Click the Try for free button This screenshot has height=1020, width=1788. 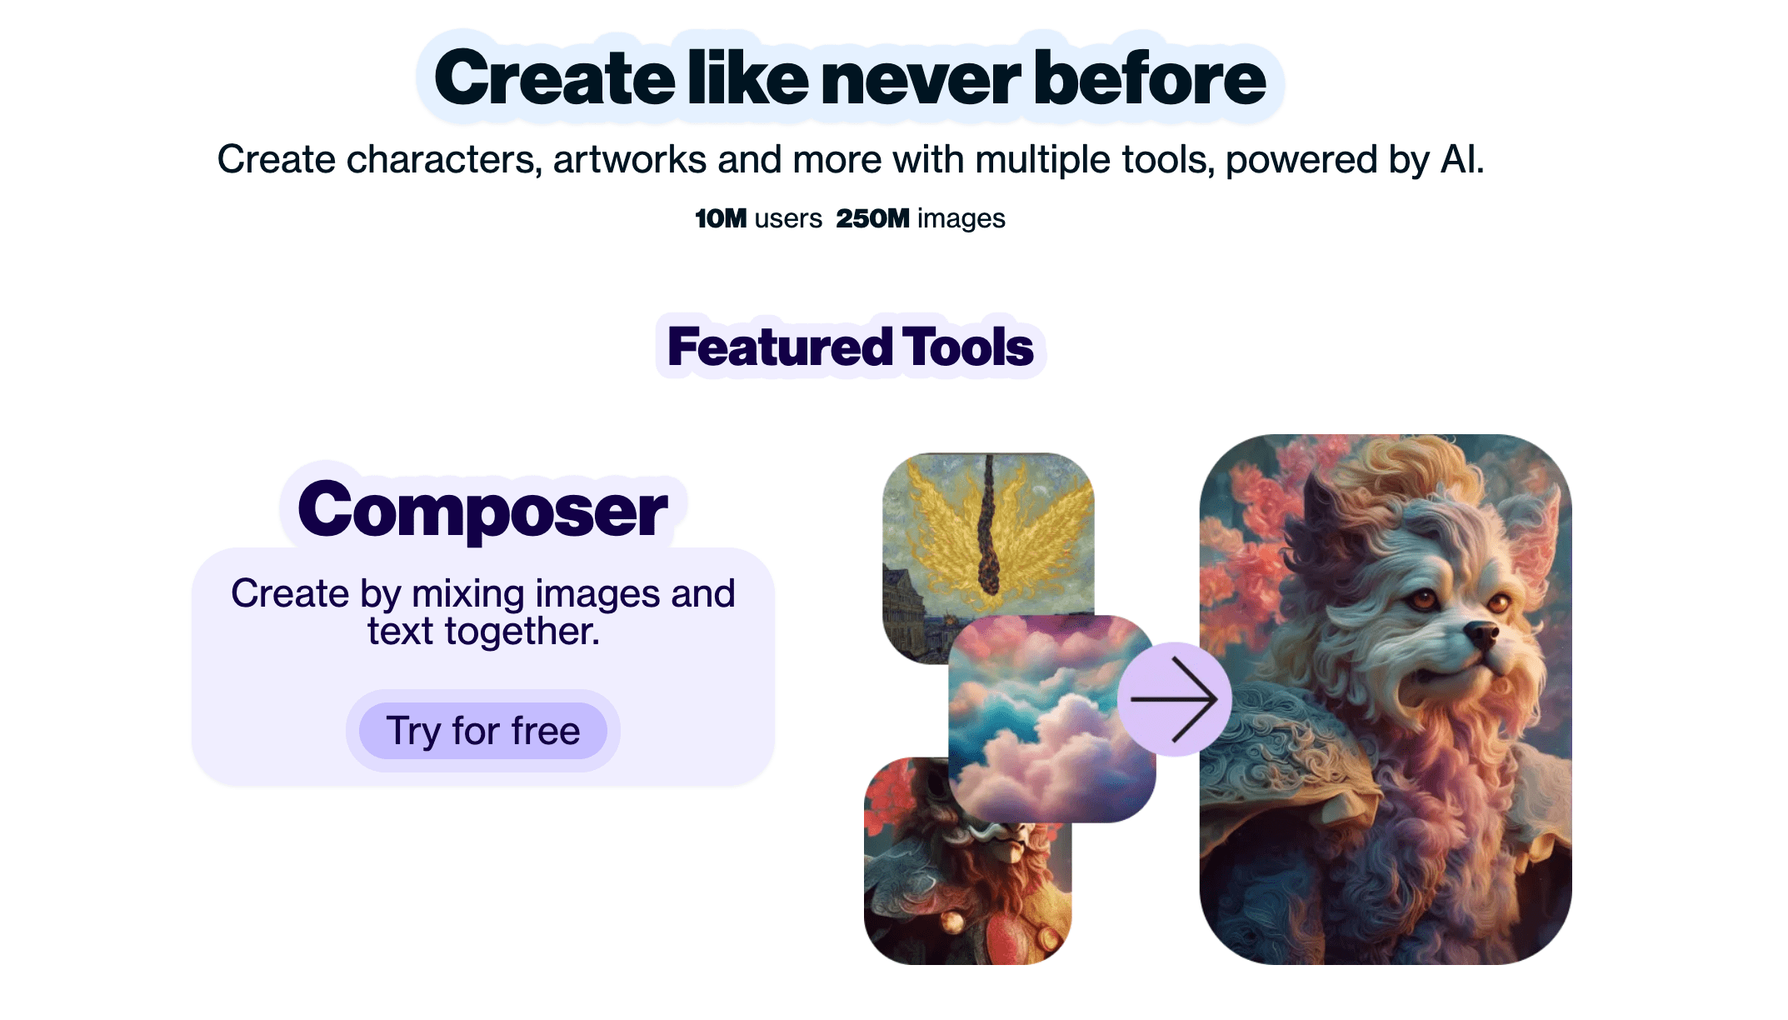(483, 731)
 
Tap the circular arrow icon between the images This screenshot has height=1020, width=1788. (1175, 699)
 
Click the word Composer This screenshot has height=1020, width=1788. (482, 509)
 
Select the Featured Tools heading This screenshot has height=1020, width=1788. (851, 347)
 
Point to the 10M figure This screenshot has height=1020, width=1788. (721, 218)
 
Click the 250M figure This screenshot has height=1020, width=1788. (872, 218)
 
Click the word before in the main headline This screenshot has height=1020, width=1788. (1150, 78)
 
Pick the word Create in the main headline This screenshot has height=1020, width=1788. (554, 78)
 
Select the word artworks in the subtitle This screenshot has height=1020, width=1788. (630, 159)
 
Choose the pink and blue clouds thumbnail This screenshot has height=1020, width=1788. (1052, 719)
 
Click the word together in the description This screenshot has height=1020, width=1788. (522, 632)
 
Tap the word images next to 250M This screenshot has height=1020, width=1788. (961, 218)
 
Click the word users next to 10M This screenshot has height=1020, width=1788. (788, 218)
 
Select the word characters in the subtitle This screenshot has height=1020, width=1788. (444, 159)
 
